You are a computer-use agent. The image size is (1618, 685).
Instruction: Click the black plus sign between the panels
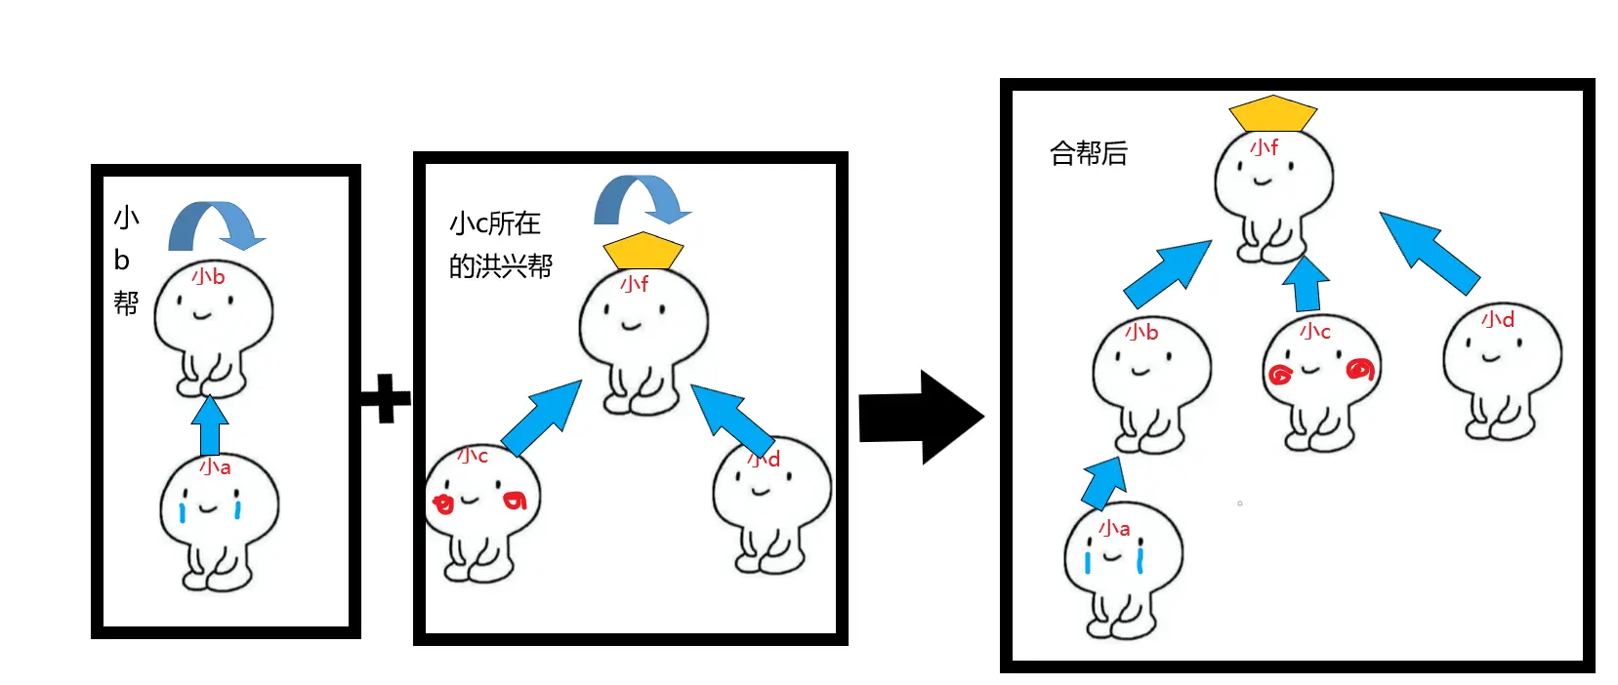click(x=386, y=398)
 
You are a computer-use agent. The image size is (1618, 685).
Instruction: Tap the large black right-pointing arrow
click(x=918, y=417)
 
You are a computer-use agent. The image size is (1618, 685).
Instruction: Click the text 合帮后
click(x=1088, y=153)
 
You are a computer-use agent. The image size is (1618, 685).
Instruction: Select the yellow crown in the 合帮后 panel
click(x=1272, y=114)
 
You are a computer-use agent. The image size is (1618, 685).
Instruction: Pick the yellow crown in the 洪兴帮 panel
click(x=643, y=251)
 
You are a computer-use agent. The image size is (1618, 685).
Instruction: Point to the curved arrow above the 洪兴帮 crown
click(x=642, y=199)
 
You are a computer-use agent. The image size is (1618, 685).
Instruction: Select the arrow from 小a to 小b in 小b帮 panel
click(x=210, y=425)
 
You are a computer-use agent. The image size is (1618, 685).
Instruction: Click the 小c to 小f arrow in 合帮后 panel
click(x=1306, y=284)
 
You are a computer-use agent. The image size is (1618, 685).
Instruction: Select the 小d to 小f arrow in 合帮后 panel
click(x=1429, y=252)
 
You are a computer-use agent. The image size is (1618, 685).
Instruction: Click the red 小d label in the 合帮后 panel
click(x=1497, y=320)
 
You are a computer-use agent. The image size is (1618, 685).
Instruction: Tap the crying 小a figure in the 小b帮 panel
click(x=218, y=522)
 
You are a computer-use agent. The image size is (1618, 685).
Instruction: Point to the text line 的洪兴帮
click(x=500, y=265)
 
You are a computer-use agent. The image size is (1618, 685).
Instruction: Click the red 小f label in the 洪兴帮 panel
click(x=635, y=284)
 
